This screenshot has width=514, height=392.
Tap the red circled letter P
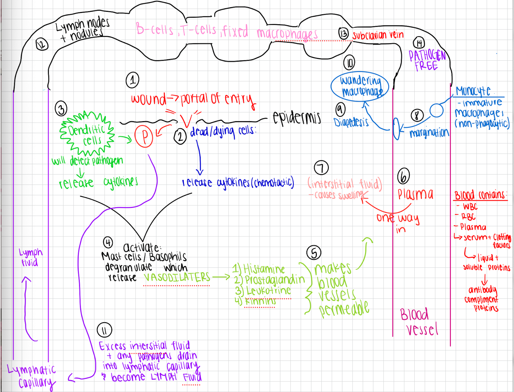click(144, 137)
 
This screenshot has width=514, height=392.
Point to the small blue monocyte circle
click(436, 110)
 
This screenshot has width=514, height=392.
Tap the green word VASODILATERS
click(177, 277)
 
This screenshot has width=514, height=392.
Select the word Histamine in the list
click(263, 269)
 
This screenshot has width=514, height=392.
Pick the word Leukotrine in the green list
click(268, 291)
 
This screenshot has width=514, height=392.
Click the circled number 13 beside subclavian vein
click(343, 34)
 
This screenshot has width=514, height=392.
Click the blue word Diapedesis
click(351, 122)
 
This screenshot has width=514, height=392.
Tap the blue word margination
click(429, 133)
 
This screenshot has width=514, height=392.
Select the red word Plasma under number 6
click(415, 194)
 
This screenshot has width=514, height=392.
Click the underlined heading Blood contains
click(480, 196)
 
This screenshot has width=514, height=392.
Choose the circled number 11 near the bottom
click(104, 330)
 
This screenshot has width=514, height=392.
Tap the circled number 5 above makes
click(314, 253)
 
